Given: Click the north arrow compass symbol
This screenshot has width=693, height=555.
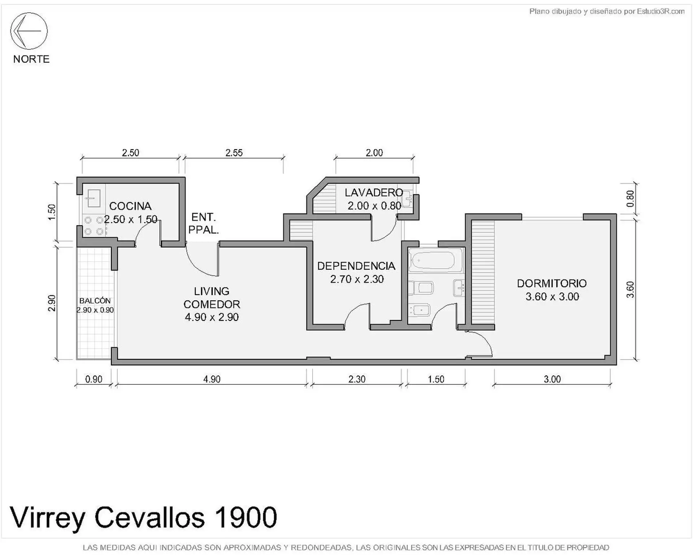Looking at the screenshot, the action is [x=29, y=31].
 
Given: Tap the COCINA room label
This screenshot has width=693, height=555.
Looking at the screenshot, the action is [x=130, y=206].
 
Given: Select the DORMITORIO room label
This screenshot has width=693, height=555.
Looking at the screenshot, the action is [x=552, y=283].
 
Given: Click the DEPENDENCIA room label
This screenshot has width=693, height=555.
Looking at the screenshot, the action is [x=356, y=266].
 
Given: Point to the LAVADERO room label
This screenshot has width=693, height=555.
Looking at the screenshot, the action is [x=374, y=192].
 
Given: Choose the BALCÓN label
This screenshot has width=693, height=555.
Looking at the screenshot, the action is [x=95, y=300].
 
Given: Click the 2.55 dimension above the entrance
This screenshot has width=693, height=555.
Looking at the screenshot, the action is [x=234, y=153].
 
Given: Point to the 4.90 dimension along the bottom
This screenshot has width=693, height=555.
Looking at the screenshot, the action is [x=212, y=379].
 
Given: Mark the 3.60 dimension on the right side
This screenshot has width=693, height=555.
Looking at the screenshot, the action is [x=630, y=290].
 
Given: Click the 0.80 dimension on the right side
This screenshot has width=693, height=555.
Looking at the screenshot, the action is [x=630, y=199].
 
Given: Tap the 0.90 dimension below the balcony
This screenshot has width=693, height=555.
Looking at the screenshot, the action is [x=93, y=379].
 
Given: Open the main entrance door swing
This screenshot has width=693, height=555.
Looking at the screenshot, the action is [x=202, y=259].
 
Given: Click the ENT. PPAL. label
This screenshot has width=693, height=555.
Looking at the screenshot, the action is [x=204, y=223].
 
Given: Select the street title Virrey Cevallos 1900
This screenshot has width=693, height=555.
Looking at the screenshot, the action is [x=144, y=517].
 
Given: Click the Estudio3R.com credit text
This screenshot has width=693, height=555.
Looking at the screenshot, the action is [x=661, y=11].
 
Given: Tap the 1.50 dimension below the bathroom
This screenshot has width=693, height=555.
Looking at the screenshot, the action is [x=436, y=379].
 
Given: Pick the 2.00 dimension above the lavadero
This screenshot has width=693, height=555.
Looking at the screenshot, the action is [x=374, y=153].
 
